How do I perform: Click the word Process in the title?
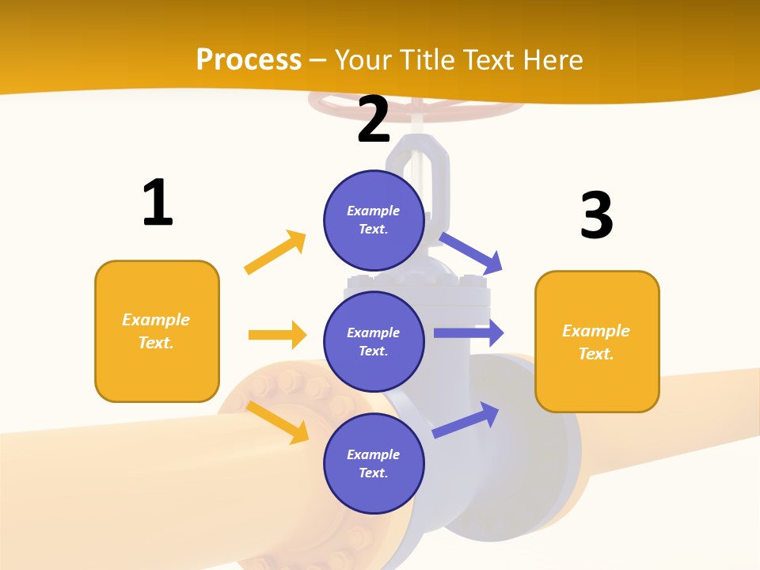[249, 59]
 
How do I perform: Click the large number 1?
[158, 203]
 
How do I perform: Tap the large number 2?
[374, 120]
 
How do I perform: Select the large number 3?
[596, 215]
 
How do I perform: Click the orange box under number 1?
[157, 331]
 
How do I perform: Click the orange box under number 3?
[597, 341]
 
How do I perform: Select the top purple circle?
[374, 219]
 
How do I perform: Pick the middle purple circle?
[374, 341]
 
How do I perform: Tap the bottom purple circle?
[374, 463]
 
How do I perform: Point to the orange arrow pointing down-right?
[278, 421]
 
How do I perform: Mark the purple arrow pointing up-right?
[466, 420]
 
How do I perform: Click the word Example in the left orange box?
[156, 320]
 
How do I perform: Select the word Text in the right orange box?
[595, 354]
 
